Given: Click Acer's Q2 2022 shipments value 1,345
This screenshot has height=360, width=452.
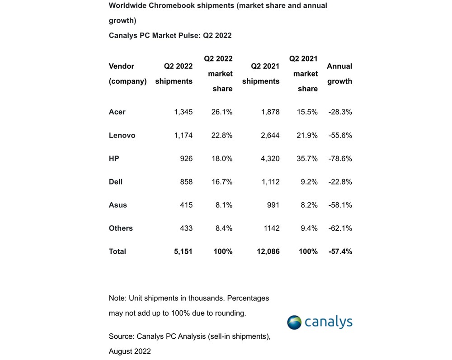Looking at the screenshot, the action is point(184,112).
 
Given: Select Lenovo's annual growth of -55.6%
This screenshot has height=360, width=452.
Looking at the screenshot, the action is point(340,135).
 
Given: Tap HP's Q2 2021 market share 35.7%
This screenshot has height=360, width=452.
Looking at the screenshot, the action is point(307,158).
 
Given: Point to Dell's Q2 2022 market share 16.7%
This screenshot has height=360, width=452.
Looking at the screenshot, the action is point(222,182).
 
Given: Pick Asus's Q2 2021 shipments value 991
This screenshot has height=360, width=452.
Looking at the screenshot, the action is point(273,205).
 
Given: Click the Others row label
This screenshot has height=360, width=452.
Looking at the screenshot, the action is point(121,228).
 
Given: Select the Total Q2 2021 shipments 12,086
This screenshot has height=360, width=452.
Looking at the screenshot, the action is point(268,251).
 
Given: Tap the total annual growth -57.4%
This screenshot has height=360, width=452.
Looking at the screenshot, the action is point(340,251).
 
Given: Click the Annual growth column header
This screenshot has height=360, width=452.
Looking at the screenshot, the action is point(339,74).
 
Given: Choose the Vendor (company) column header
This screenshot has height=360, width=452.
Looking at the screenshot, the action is point(128,74).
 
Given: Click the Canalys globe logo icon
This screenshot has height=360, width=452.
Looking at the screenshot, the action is point(294,322).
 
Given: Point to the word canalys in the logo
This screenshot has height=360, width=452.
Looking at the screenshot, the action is point(329,322).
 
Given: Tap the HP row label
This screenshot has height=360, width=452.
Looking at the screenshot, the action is point(114,158).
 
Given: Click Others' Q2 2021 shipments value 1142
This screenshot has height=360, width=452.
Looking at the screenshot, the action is point(272,228).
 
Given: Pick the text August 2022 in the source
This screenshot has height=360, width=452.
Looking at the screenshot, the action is point(130,351).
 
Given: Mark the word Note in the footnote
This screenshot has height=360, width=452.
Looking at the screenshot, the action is point(118,298).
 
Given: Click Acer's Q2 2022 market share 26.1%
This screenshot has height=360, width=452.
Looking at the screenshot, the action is point(221,112).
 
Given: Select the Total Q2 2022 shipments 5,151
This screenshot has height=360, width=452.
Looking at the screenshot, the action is point(183,251).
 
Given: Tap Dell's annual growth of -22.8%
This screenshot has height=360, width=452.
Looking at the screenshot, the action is point(340,182).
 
